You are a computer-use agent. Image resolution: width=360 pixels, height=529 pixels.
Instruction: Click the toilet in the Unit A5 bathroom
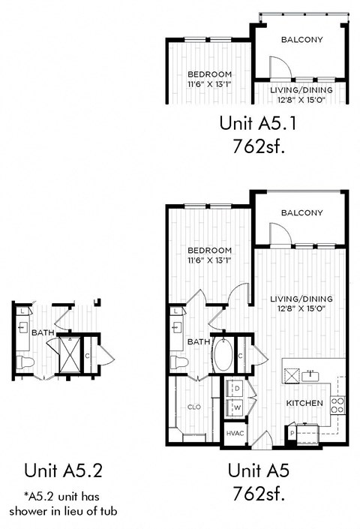(178, 363)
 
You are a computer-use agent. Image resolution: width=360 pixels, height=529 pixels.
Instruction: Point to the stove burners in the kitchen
(337, 406)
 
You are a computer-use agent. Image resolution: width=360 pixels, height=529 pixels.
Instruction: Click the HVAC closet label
(234, 434)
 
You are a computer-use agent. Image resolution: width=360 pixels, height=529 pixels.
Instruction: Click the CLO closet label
(193, 407)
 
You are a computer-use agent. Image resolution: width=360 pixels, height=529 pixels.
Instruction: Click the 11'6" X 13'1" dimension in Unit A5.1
(209, 84)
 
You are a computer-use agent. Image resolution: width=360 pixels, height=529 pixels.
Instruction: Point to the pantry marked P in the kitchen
(292, 434)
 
